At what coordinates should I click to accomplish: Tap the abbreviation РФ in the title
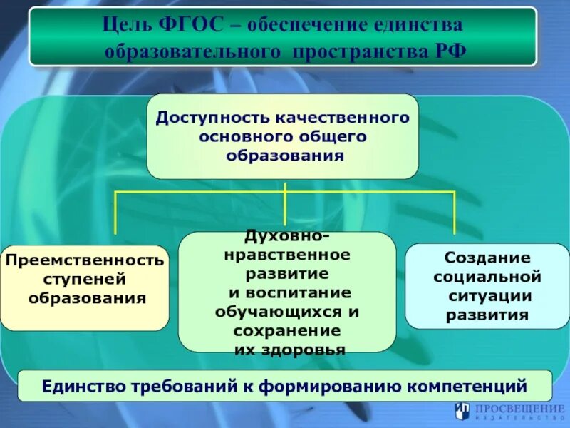452,52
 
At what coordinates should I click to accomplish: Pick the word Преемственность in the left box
85,260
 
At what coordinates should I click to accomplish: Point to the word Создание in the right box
487,258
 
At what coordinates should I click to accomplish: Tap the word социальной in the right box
487,276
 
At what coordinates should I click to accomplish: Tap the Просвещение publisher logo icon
462,410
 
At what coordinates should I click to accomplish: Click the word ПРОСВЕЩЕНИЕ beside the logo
518,407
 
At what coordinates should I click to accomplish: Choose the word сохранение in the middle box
286,330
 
